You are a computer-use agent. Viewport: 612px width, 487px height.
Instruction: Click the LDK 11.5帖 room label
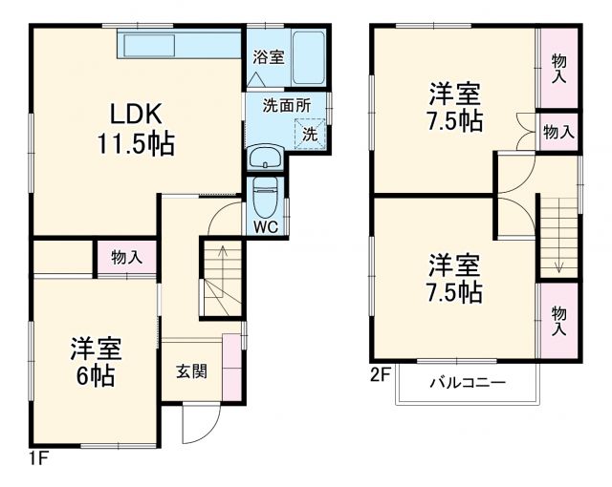133,129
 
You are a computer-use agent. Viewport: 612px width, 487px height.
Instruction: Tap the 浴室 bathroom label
268,57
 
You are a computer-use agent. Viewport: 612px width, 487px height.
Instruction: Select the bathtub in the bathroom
309,58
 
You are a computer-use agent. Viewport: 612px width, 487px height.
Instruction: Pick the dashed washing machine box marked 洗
310,134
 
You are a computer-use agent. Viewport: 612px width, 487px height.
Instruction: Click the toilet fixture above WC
265,198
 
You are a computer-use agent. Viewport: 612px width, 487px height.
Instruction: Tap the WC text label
265,226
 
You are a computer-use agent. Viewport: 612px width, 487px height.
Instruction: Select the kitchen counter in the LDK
179,44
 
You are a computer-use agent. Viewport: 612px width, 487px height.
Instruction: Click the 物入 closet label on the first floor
126,257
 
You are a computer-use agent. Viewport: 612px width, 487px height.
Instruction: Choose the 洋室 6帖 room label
95,362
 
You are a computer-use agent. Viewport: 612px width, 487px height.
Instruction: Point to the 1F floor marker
37,456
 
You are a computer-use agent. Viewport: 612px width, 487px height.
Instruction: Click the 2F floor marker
380,375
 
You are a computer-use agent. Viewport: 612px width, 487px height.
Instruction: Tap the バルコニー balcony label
467,384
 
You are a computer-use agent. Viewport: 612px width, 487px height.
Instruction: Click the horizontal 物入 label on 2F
557,132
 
